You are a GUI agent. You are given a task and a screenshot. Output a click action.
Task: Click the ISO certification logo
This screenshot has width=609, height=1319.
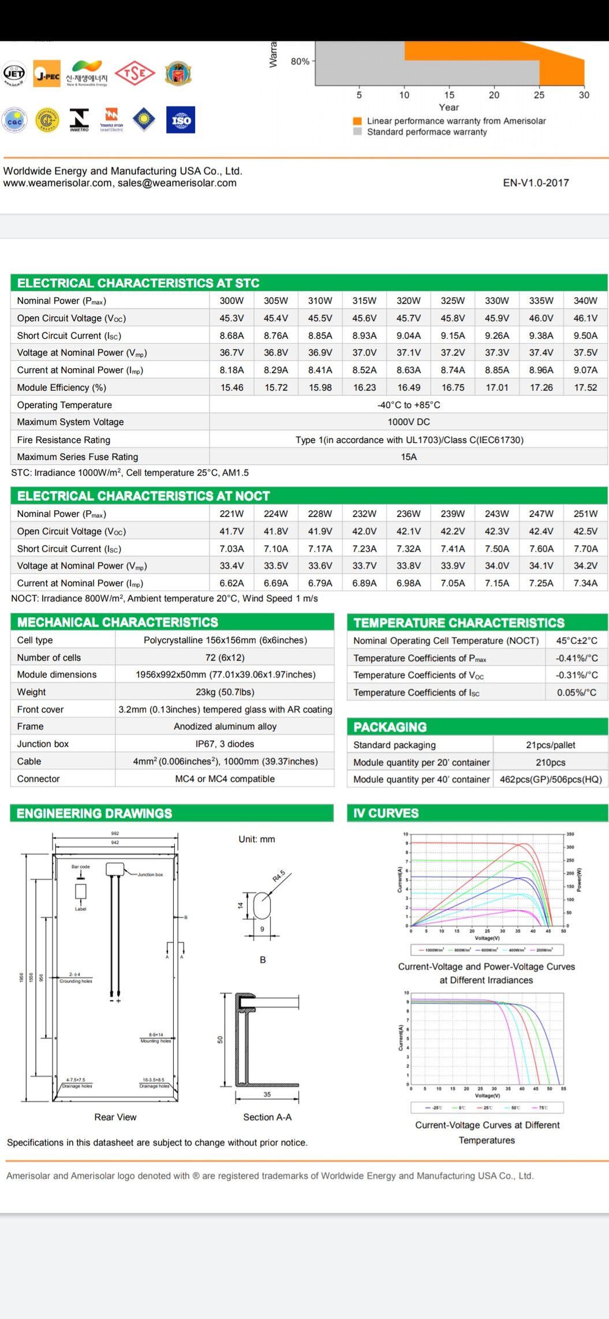[x=181, y=120]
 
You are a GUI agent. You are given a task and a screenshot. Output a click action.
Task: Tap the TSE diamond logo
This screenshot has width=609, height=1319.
[x=134, y=74]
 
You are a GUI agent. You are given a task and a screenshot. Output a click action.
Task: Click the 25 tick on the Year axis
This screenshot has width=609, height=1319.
[x=539, y=95]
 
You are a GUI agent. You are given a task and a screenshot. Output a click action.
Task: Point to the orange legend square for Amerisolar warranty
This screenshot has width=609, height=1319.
[x=357, y=121]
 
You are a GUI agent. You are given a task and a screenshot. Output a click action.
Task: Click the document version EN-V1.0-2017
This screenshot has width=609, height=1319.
[x=536, y=183]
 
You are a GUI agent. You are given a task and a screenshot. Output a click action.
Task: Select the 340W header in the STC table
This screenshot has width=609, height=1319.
[x=585, y=301]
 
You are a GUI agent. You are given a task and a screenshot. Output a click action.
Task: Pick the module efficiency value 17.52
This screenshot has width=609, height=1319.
[x=585, y=388]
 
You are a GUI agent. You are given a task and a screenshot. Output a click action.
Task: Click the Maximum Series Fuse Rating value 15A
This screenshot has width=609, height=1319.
[x=409, y=457]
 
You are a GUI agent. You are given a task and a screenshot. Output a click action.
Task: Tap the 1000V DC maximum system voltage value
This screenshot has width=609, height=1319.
[x=409, y=422]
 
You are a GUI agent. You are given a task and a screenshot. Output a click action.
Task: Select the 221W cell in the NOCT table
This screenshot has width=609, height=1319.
[x=231, y=514]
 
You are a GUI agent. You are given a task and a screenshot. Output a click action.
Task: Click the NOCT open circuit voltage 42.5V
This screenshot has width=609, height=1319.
[x=585, y=531]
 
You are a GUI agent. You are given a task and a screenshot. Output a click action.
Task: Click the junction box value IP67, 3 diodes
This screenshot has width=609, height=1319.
[x=225, y=744]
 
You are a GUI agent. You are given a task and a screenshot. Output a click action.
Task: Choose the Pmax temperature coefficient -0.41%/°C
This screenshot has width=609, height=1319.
[x=577, y=658]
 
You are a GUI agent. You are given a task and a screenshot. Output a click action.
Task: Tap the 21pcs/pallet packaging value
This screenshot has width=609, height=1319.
[x=550, y=745]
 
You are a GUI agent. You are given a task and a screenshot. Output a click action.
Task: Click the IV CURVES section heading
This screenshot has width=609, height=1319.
[x=386, y=813]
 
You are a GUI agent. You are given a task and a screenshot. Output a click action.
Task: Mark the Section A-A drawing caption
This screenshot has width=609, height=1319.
[x=267, y=1117]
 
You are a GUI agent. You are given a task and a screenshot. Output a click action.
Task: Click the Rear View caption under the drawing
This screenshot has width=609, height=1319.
[x=115, y=1117]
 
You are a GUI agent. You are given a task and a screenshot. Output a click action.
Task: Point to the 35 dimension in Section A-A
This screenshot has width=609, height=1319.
[x=267, y=1094]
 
